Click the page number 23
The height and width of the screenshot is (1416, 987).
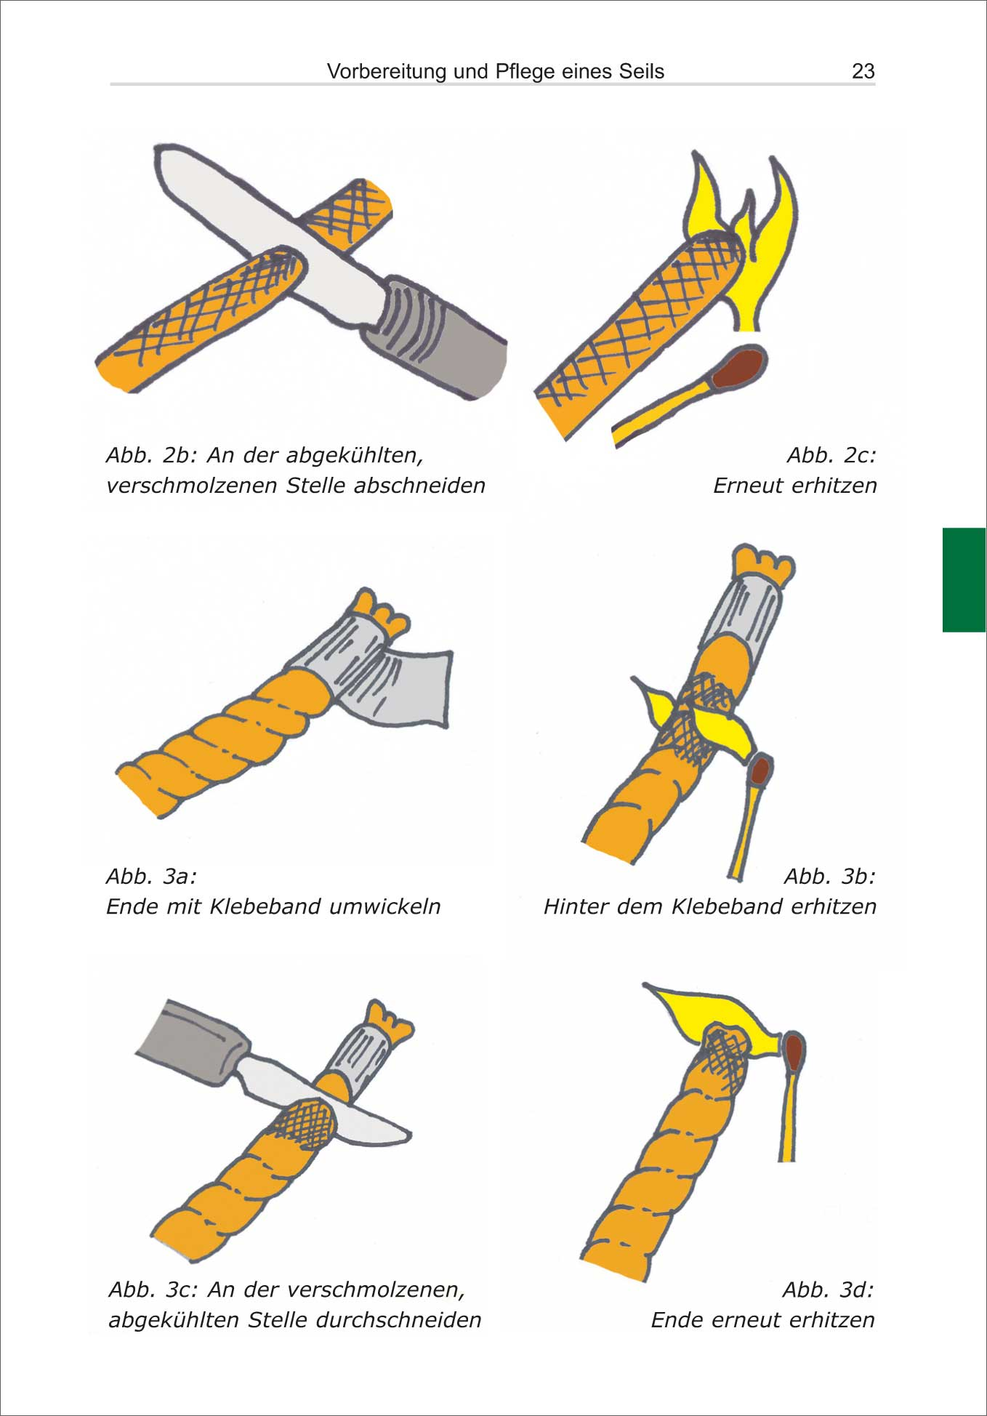tap(863, 71)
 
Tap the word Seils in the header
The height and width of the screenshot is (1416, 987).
tap(642, 71)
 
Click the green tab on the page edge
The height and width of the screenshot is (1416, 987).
tap(964, 580)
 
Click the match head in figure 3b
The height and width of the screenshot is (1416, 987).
tap(760, 771)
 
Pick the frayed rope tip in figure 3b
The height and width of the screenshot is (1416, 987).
tap(762, 561)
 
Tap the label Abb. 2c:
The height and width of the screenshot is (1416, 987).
tap(831, 455)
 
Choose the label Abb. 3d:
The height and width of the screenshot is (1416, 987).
tap(829, 1290)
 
